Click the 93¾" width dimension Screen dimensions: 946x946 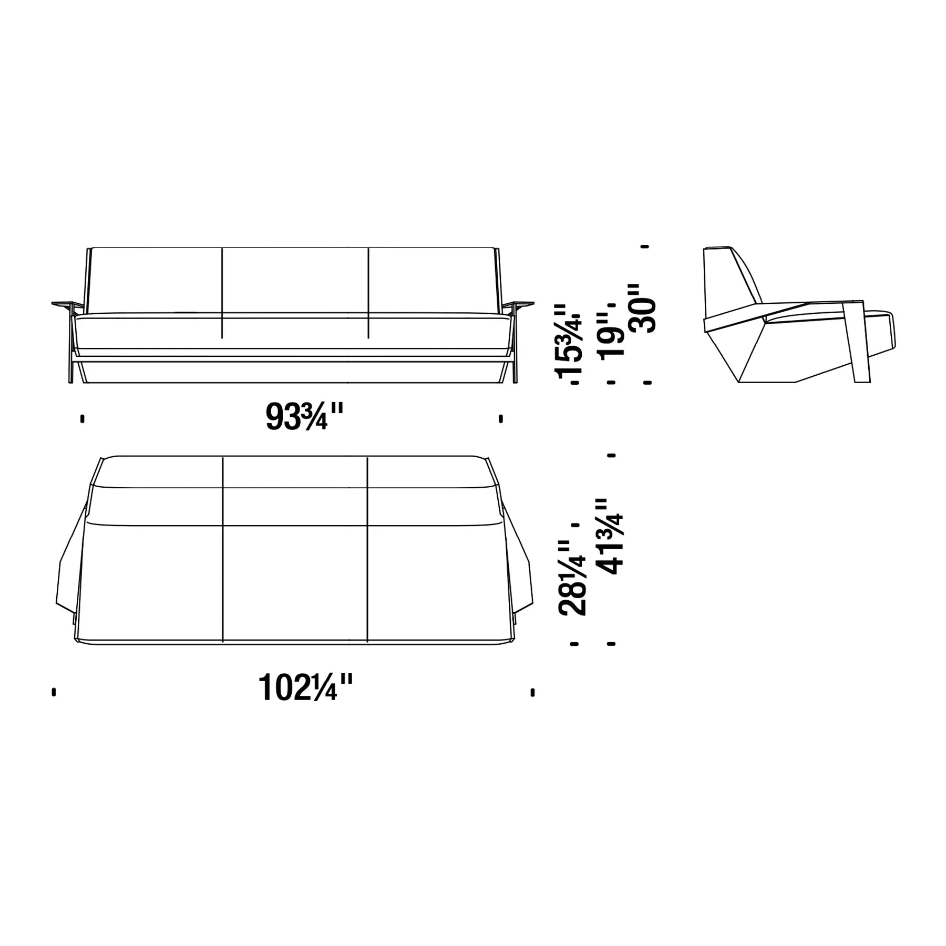click(x=304, y=417)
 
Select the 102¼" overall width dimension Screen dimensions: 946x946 click(x=305, y=687)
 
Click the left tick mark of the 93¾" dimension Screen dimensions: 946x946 click(x=83, y=419)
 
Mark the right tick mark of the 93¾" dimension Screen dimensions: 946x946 click(x=501, y=419)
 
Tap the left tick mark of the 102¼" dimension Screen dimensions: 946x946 click(x=54, y=692)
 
